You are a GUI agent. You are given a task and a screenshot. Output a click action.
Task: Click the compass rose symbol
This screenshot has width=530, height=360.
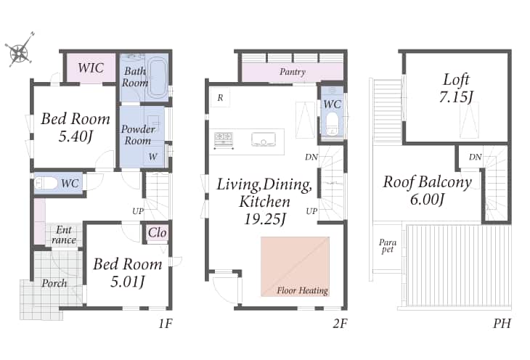tap(20, 52)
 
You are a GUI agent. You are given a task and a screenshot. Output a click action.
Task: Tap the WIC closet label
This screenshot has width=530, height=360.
tap(91, 67)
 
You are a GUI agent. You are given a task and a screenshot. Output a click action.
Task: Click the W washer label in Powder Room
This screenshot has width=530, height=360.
tap(152, 157)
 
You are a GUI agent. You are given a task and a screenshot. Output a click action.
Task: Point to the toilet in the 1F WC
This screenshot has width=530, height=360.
tap(46, 184)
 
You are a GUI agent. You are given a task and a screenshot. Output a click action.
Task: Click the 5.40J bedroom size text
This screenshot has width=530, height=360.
tap(76, 136)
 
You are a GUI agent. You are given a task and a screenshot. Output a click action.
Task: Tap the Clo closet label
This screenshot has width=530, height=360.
tap(157, 232)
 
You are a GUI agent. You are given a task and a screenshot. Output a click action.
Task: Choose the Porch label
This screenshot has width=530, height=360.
tap(54, 283)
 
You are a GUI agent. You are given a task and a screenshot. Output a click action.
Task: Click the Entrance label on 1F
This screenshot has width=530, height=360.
tap(64, 234)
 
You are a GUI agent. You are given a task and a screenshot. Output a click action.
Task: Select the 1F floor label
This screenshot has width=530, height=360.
tap(166, 324)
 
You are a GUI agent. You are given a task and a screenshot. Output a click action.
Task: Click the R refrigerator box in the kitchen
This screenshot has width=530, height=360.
tap(220, 98)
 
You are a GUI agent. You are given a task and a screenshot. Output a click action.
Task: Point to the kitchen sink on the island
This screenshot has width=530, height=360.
tap(264, 139)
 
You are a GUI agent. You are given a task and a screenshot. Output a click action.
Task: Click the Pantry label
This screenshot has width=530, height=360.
tap(293, 72)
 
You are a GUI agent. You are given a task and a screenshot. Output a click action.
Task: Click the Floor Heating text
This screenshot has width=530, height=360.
tap(303, 290)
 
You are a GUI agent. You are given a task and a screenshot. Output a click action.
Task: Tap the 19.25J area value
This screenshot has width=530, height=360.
tap(265, 219)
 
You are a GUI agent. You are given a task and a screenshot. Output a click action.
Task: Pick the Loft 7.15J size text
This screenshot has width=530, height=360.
tap(456, 97)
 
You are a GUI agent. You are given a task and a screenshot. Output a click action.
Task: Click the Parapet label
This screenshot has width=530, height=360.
tap(388, 246)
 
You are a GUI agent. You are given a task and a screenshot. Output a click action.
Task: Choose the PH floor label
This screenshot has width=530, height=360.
tap(502, 324)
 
